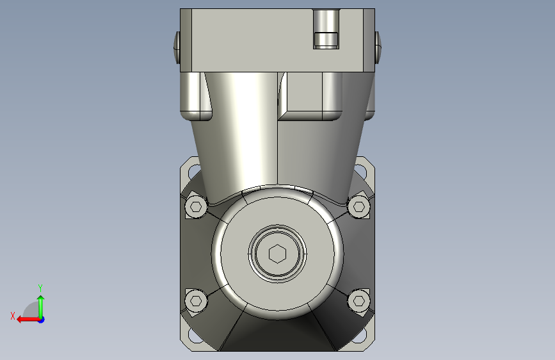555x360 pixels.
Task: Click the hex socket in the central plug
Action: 278,254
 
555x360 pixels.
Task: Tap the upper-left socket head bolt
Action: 196,206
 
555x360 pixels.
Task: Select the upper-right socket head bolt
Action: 359,206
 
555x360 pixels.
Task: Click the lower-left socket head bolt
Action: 196,301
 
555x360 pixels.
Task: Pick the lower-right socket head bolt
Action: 359,301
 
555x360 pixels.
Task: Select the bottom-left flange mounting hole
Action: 193,335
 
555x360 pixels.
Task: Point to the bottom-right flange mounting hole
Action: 361,335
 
